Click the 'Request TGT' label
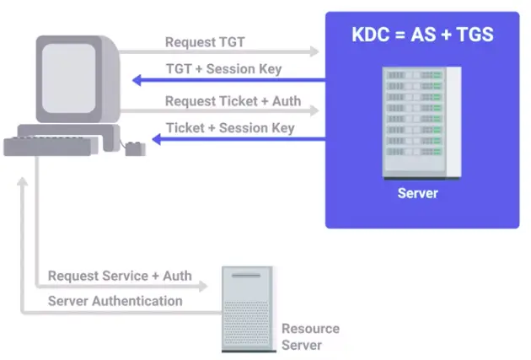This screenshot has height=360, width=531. coord(205,42)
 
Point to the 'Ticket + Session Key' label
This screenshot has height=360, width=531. coord(230,128)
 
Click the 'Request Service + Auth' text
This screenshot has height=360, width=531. coord(120,276)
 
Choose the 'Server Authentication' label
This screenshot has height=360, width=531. coord(115,301)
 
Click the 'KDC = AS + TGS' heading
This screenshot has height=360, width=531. coord(422,35)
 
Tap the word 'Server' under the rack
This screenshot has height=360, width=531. coord(418,193)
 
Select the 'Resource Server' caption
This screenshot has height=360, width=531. coord(310,336)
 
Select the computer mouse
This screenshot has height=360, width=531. coord(135,148)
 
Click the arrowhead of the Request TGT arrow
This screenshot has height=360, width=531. coord(315,52)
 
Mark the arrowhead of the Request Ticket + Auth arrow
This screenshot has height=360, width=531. coord(315,110)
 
